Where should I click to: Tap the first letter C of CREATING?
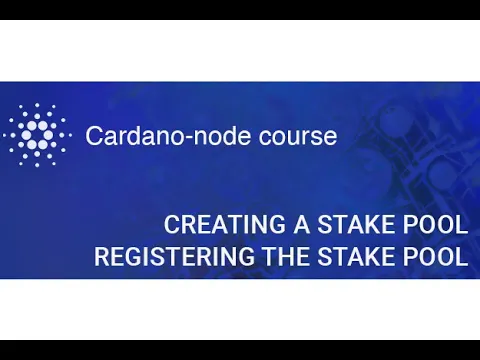(x=172, y=223)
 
